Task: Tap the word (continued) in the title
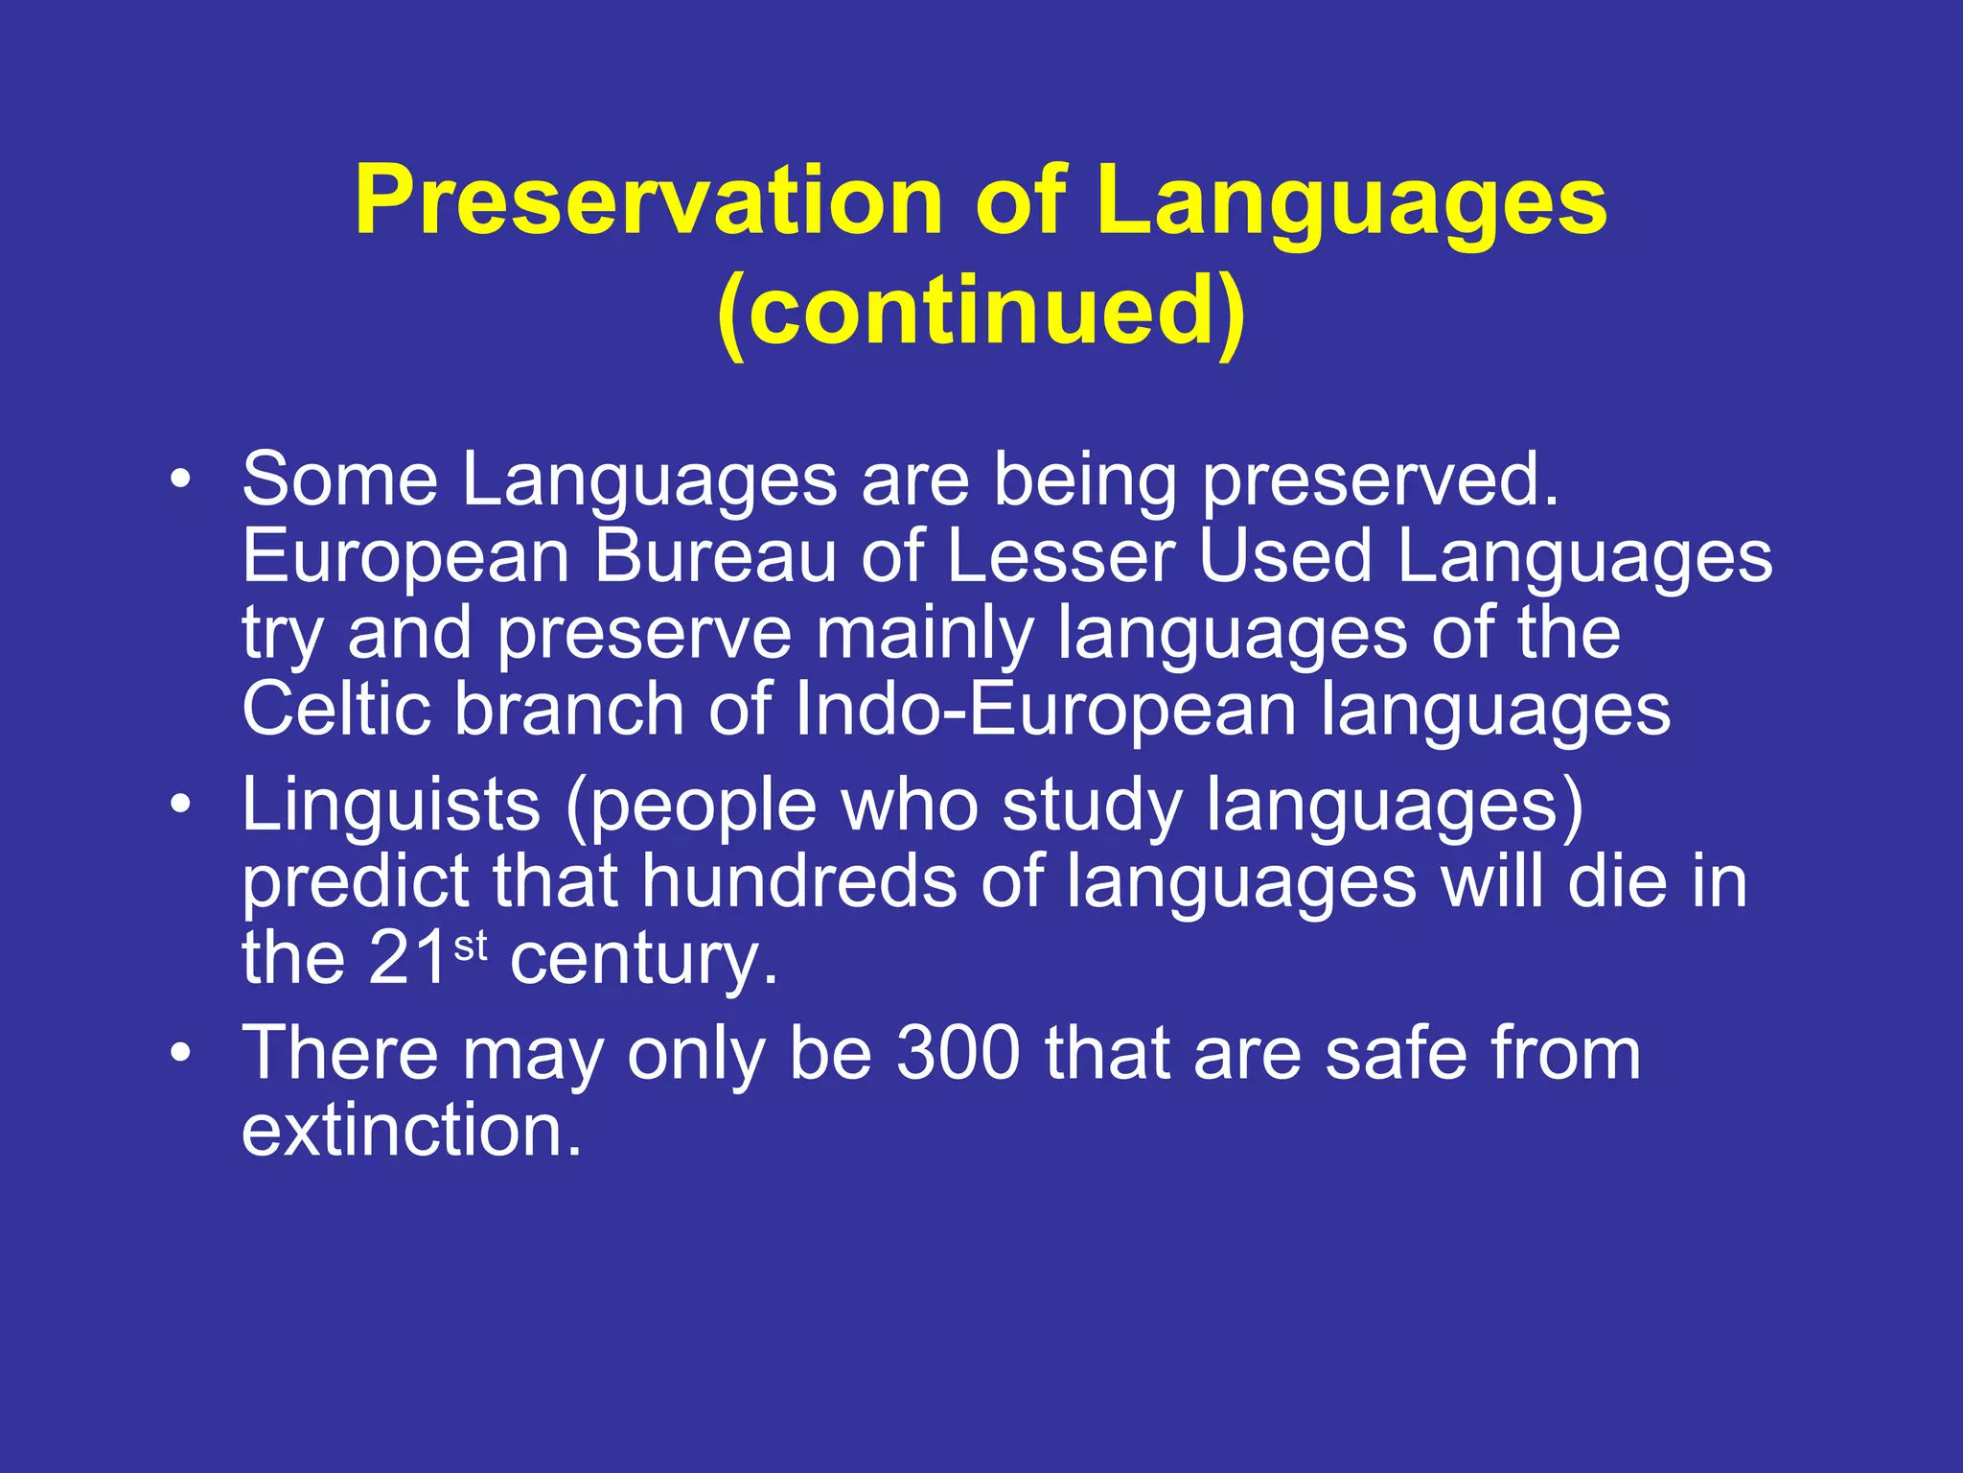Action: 981,309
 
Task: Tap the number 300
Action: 958,1053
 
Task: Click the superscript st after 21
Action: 471,946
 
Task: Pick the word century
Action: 643,959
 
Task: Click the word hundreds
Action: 798,881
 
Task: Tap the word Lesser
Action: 1060,556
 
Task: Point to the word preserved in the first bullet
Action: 1381,479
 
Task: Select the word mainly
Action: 924,635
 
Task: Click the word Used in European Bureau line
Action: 1285,556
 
